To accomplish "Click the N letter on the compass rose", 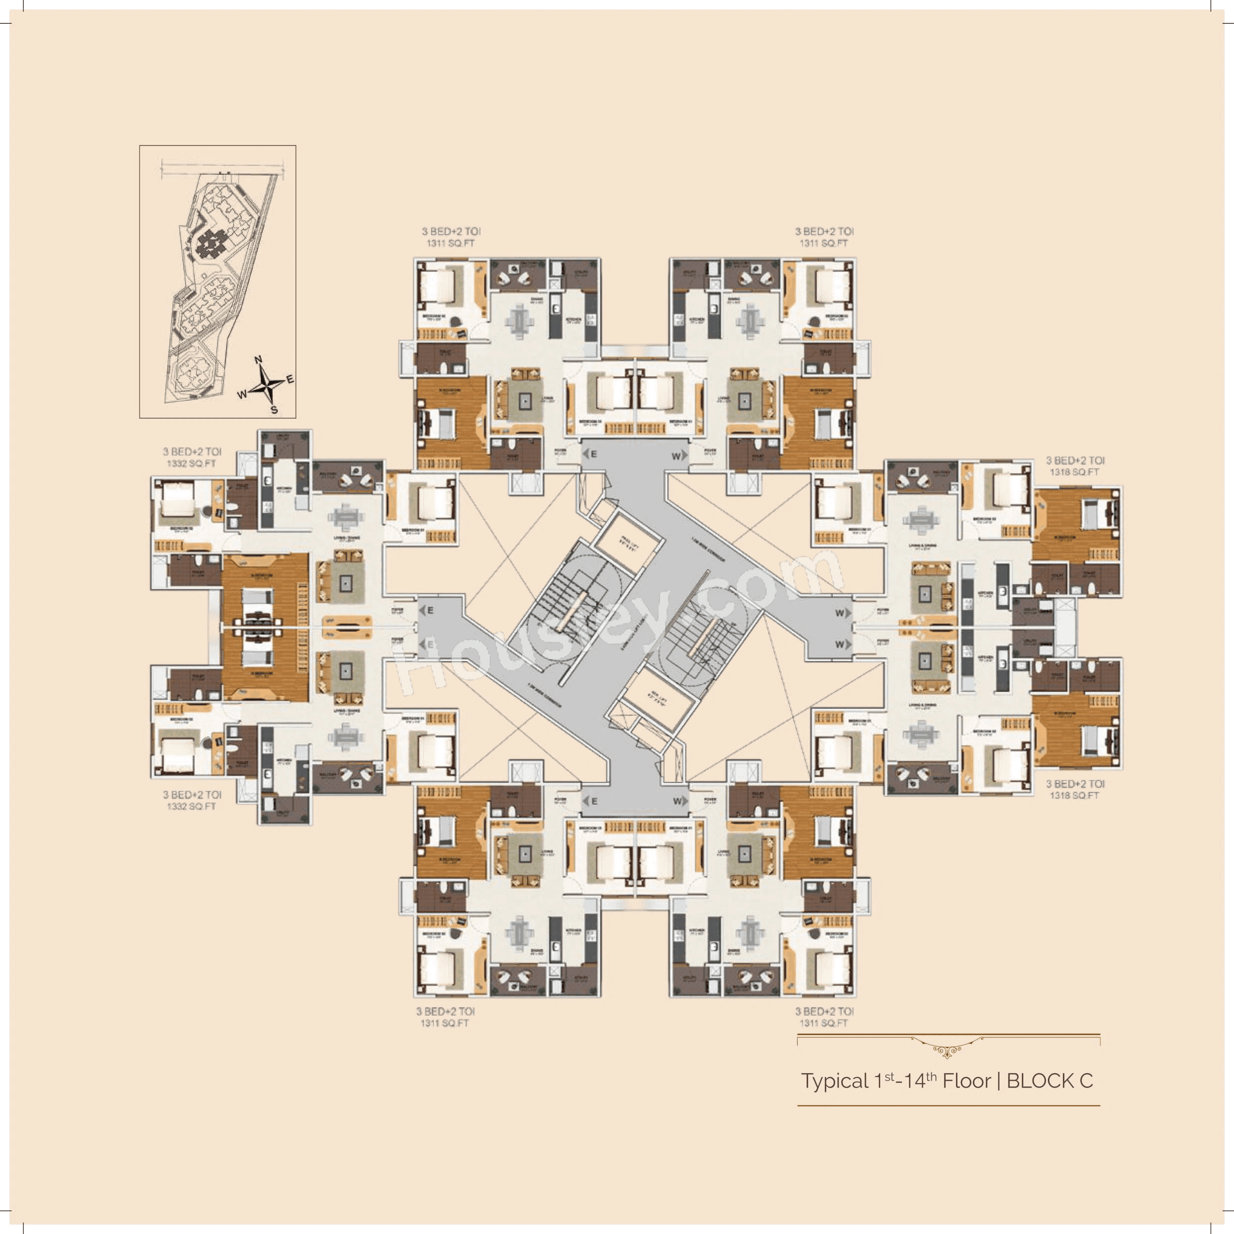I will tap(259, 360).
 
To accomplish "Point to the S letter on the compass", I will tap(274, 409).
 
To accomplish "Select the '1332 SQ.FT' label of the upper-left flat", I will tap(191, 464).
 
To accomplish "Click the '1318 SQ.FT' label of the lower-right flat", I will tap(1074, 795).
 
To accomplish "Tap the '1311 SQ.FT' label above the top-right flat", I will tap(823, 243).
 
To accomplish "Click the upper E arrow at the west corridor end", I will tap(427, 611).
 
